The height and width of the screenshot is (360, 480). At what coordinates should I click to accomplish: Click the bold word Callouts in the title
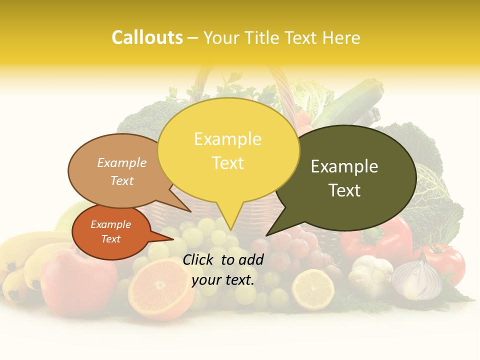click(x=147, y=37)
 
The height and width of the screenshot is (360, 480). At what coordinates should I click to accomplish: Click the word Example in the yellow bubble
click(x=227, y=139)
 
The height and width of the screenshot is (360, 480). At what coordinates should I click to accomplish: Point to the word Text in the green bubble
click(x=345, y=190)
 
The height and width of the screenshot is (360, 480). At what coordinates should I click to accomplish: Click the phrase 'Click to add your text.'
click(x=223, y=269)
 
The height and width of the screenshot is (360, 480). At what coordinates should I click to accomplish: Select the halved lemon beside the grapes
click(x=312, y=289)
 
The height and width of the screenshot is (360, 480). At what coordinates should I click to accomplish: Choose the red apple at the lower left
click(x=77, y=280)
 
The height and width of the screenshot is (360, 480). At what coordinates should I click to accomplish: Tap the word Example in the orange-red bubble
click(x=111, y=225)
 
